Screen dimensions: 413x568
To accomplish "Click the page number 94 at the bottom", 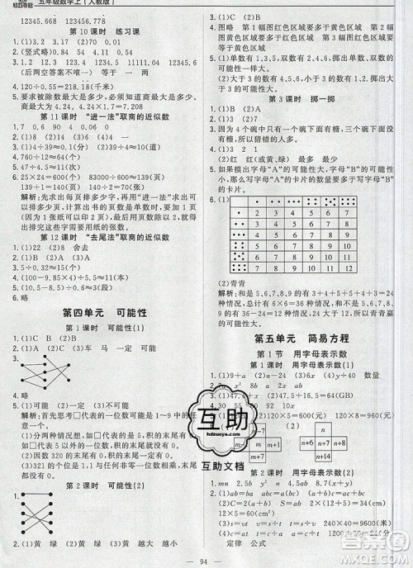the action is [x=206, y=558].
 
